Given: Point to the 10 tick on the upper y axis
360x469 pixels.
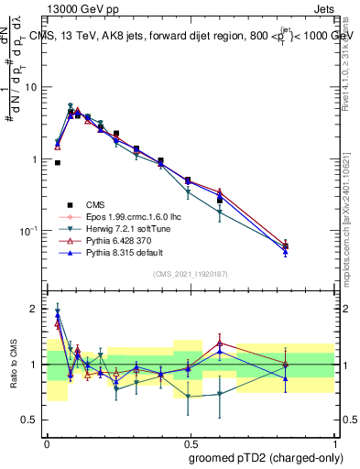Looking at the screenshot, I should [30, 88].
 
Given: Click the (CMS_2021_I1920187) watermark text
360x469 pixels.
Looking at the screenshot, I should [190, 274].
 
